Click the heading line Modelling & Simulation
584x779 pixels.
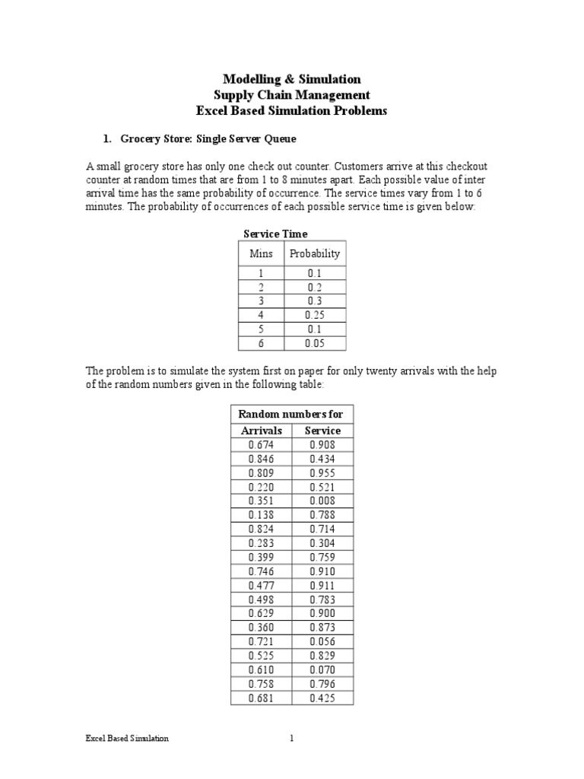(x=291, y=79)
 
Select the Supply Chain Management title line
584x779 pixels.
(x=291, y=95)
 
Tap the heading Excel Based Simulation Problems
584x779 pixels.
(x=291, y=111)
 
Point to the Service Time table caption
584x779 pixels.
(x=275, y=234)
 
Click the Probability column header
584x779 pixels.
(x=315, y=253)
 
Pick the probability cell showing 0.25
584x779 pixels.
(x=315, y=315)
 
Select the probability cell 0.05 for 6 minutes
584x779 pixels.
(x=315, y=343)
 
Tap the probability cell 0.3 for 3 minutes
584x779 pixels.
(x=315, y=301)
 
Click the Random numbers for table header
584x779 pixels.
(x=291, y=414)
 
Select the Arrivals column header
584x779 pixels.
(x=261, y=431)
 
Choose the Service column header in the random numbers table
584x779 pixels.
(x=322, y=431)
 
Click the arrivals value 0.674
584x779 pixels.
(x=261, y=445)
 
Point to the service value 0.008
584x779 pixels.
(x=322, y=501)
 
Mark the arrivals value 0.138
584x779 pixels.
(x=261, y=515)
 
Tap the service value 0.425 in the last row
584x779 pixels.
(x=322, y=698)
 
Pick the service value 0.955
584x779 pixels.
(x=322, y=473)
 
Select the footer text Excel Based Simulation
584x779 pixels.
(x=126, y=739)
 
